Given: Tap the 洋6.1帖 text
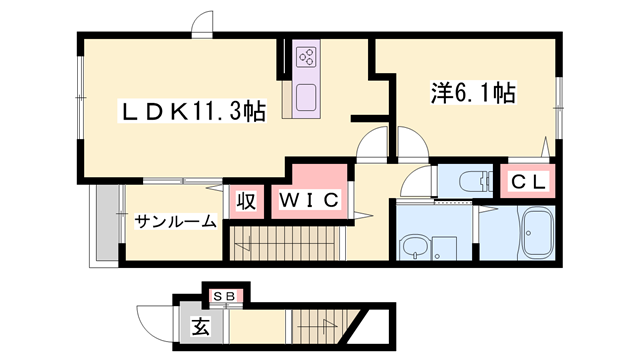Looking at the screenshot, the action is pos(472,95).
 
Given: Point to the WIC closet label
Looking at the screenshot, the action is pos(308,200).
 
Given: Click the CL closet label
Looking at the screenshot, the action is pos(530,182).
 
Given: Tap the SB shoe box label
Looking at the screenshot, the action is pos(226,297).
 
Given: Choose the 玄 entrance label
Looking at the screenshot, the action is pos(201,326).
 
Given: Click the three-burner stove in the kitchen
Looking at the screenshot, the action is pos(307,58).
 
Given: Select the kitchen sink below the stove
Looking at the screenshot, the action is pos(307,97).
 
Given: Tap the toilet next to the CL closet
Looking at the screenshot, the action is pos(472,182).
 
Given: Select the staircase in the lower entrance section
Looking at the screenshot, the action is pos(320,325).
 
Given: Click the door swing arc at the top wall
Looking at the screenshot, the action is pos(203,23).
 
